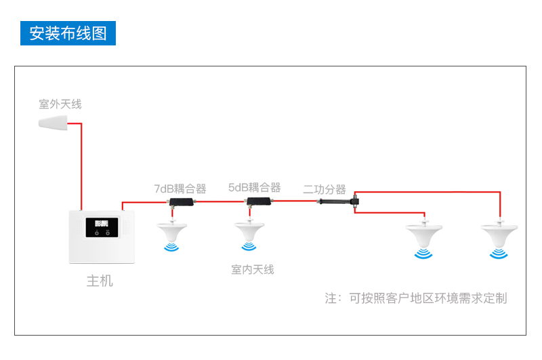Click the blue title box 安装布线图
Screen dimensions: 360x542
68,33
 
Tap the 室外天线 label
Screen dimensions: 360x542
60,104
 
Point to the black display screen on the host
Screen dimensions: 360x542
102,227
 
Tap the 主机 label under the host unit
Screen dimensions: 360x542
100,280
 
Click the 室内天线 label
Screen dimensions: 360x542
253,270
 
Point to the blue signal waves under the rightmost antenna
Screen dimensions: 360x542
499,254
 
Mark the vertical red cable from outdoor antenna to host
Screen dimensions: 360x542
81,166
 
